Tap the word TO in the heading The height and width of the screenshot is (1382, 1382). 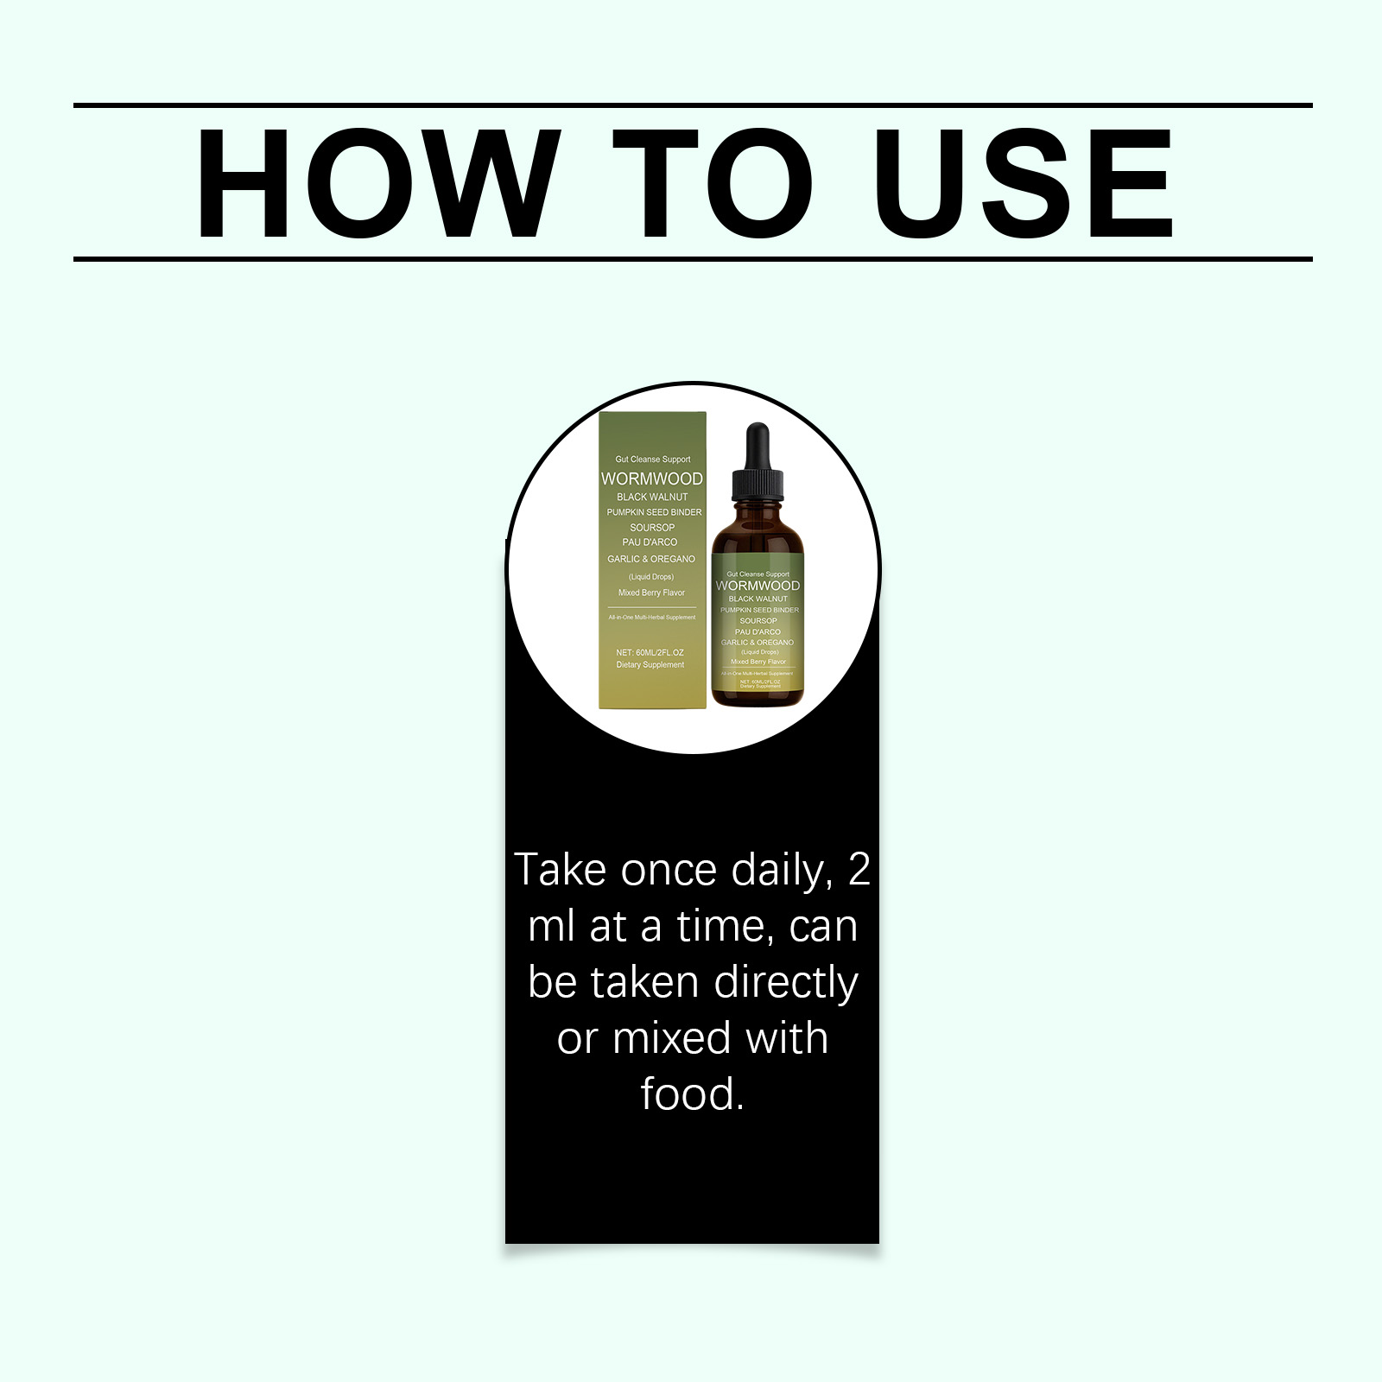point(713,183)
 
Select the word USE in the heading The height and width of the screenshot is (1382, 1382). point(1024,183)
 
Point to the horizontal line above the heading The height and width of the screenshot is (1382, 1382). point(691,105)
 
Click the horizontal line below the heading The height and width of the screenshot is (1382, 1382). point(691,258)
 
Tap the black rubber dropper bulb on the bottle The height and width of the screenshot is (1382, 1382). point(758,444)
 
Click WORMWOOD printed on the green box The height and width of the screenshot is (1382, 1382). point(652,479)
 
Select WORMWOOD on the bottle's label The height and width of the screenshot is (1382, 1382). point(758,586)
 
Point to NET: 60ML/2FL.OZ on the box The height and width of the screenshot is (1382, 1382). point(650,652)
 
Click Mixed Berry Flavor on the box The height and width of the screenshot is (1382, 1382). point(651,593)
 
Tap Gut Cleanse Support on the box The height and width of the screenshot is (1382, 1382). point(652,460)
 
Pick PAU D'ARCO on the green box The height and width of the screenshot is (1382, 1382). point(650,542)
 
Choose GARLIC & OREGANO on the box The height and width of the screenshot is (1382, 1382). point(650,559)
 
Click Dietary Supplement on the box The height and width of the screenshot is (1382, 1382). point(650,665)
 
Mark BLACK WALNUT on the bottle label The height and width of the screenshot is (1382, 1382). point(758,599)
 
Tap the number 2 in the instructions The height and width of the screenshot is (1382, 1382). point(859,870)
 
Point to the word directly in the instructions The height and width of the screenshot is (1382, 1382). point(786,983)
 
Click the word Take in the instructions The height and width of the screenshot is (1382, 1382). point(560,870)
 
